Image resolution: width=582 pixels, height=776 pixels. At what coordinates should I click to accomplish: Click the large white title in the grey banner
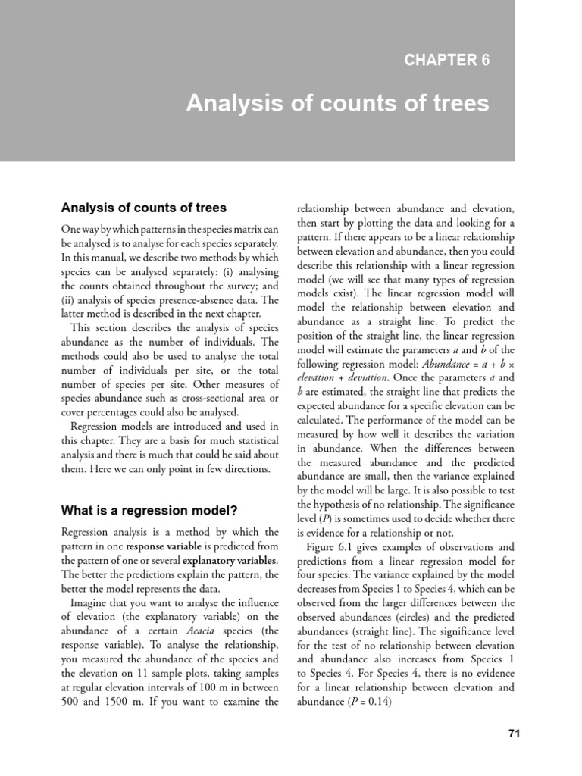coord(337,103)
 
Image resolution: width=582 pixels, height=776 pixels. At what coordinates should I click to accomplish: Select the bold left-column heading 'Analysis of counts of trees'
coord(143,208)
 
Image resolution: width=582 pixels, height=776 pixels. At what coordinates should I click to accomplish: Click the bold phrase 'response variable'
coord(156,546)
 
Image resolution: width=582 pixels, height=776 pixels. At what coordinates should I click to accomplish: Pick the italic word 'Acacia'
coord(190,630)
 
